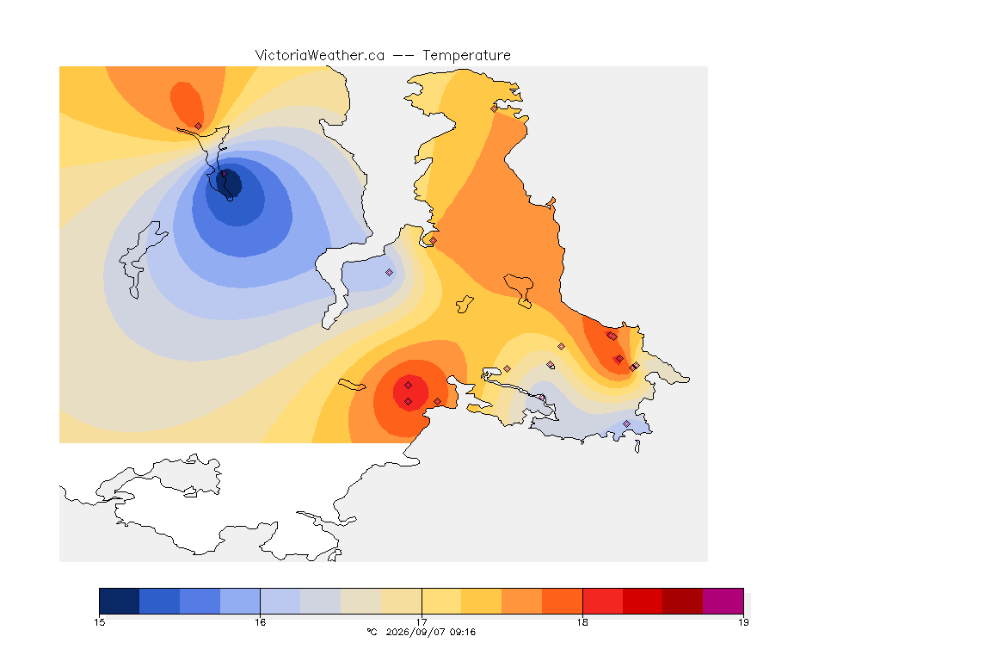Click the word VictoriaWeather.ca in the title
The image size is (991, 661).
(x=320, y=56)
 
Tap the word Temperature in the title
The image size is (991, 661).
(x=466, y=56)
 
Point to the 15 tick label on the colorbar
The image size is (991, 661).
(x=99, y=622)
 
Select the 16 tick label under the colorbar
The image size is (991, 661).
(x=261, y=622)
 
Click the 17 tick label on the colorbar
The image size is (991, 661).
(x=422, y=622)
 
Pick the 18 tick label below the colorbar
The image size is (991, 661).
(x=582, y=622)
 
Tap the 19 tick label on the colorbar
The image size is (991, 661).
(x=743, y=622)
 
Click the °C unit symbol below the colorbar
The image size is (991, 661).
(x=372, y=632)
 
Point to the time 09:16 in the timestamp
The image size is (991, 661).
(x=463, y=632)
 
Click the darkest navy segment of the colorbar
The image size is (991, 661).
(x=120, y=601)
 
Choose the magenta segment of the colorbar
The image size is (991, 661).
(x=723, y=601)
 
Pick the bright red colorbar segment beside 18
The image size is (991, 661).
(x=602, y=601)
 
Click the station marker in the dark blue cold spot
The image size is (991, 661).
(x=224, y=173)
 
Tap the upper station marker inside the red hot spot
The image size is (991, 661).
(x=409, y=386)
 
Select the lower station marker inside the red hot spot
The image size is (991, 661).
(x=409, y=402)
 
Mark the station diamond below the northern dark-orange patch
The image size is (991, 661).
(x=199, y=127)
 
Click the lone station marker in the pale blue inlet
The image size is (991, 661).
(x=390, y=273)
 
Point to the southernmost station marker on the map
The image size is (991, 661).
(x=626, y=423)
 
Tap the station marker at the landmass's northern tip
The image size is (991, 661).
(x=495, y=108)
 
